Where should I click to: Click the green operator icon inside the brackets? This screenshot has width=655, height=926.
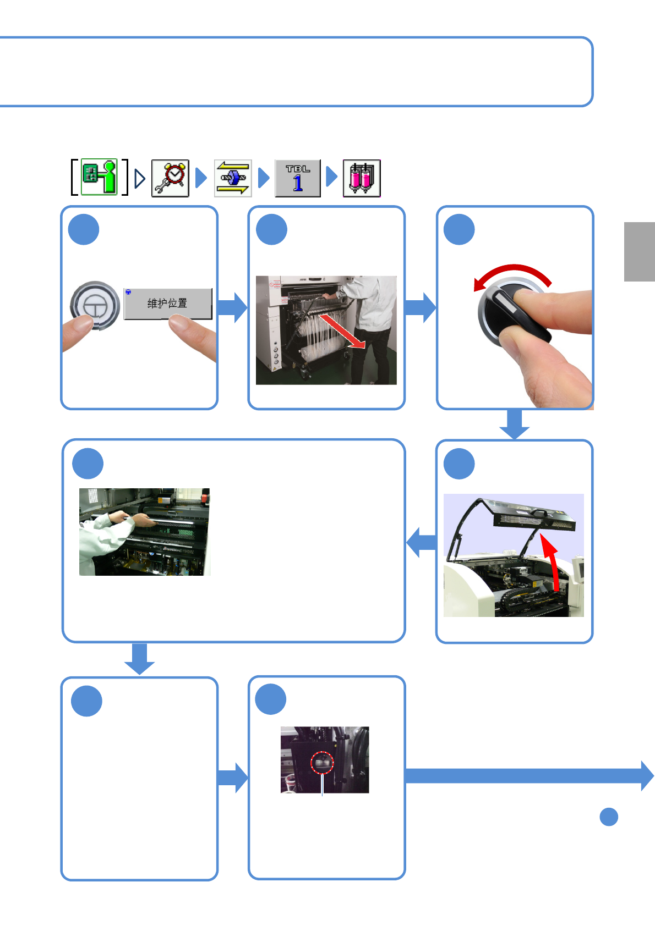click(99, 177)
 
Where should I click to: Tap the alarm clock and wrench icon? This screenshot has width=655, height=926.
click(170, 178)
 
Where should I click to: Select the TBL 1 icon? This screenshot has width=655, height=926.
click(297, 178)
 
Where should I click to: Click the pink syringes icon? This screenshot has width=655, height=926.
click(362, 178)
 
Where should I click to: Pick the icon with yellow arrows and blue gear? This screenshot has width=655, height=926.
click(233, 178)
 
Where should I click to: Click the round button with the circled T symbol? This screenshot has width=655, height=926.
click(95, 306)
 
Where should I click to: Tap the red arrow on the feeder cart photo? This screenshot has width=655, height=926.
click(342, 331)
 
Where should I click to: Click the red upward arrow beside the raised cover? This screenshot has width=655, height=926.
click(553, 563)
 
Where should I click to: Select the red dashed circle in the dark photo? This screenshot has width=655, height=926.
click(322, 762)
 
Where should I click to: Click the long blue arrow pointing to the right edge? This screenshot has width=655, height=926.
click(529, 775)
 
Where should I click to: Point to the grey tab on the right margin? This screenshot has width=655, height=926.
click(639, 251)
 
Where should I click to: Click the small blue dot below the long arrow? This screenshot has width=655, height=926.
click(609, 817)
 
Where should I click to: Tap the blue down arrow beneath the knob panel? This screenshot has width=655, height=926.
click(514, 424)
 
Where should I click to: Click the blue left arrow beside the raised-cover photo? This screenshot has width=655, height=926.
click(421, 542)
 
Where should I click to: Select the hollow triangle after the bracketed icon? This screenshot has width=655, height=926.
click(140, 179)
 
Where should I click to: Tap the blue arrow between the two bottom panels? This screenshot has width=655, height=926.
click(232, 778)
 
